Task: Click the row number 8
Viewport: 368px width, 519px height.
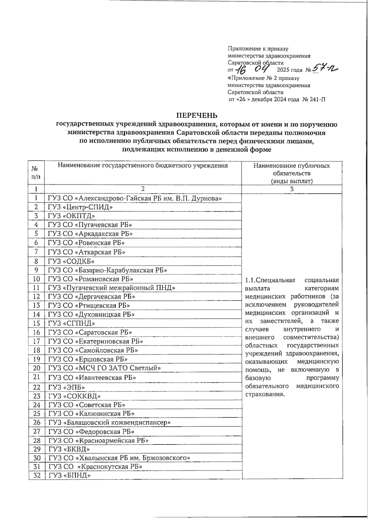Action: coord(36,261)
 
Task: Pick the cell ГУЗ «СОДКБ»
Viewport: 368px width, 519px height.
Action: coord(71,261)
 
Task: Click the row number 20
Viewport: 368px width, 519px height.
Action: coord(36,368)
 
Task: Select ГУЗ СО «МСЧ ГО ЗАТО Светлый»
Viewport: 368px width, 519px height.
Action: coord(105,368)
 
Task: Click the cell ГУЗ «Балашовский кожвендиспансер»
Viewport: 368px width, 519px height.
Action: coord(109,423)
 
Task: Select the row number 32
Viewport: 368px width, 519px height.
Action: coord(36,476)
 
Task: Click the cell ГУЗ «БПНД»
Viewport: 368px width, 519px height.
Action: coord(70,476)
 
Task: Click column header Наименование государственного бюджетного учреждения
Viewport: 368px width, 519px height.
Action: coord(143,166)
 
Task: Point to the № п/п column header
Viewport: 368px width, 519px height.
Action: coord(36,173)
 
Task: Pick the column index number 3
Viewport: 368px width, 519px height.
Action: coord(292,189)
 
